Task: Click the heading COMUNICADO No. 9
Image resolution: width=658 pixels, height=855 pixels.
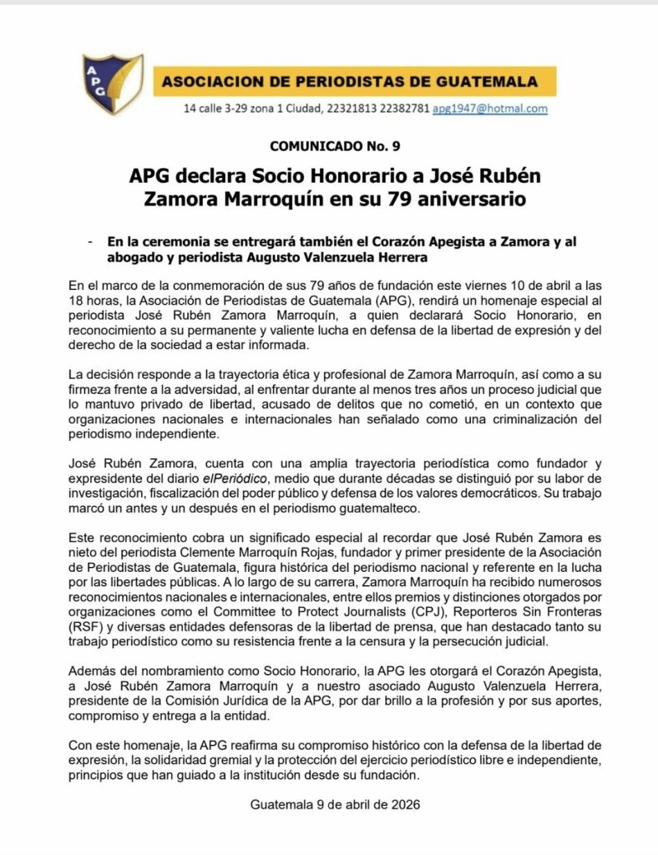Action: click(335, 146)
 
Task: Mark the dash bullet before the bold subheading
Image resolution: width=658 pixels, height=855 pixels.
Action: click(89, 242)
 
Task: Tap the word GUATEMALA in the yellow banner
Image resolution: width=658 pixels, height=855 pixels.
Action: click(493, 82)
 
